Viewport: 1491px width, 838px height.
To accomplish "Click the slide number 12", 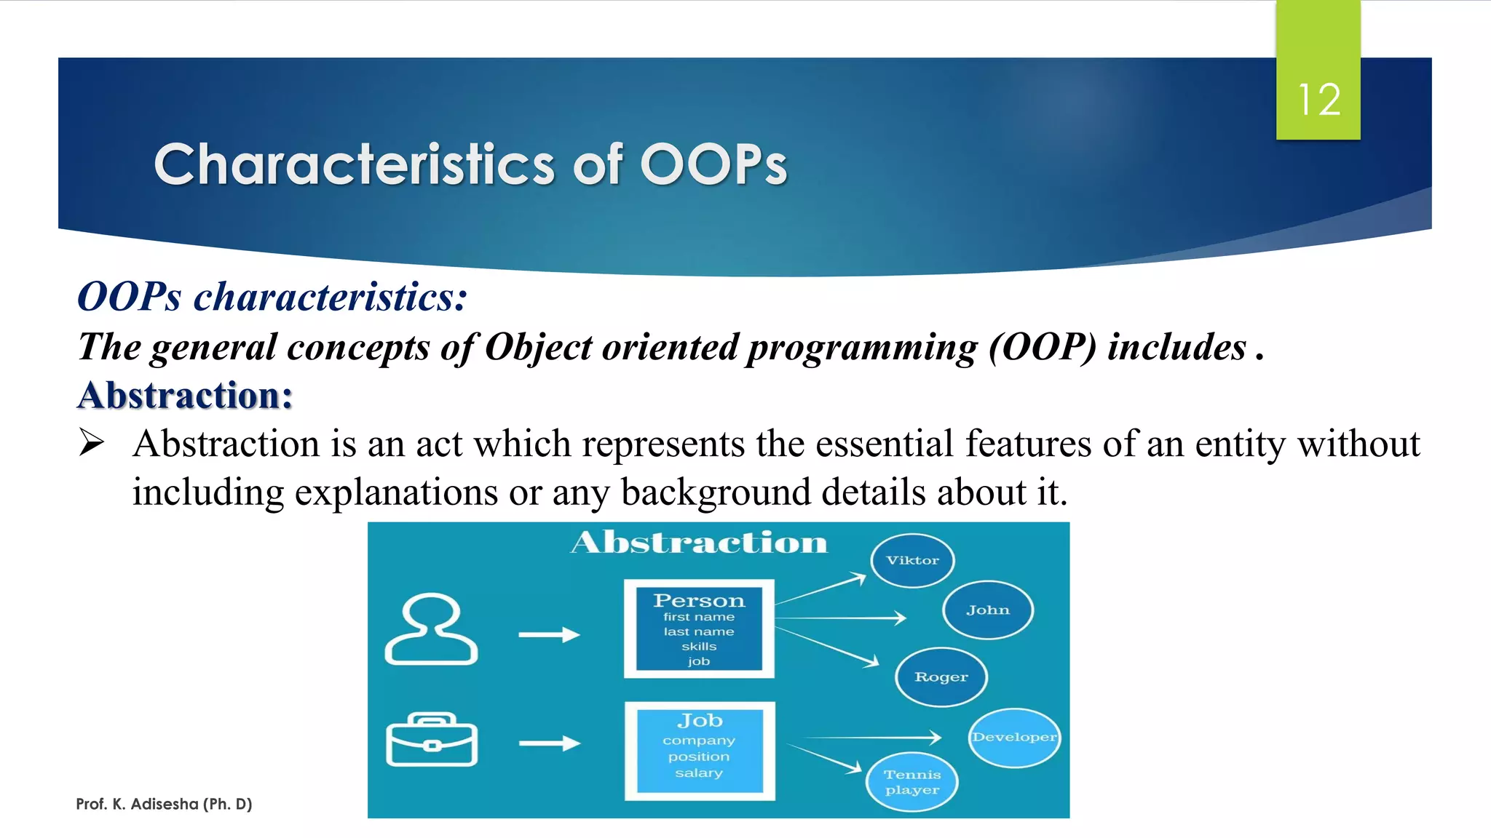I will pyautogui.click(x=1318, y=100).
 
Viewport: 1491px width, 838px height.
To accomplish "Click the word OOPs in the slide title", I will pyautogui.click(x=713, y=164).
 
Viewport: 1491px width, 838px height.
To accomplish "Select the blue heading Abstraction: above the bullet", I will pyautogui.click(x=185, y=396).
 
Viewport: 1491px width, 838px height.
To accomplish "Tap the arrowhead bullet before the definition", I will pyautogui.click(x=92, y=442).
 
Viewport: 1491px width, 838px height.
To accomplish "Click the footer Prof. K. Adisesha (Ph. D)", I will pyautogui.click(x=164, y=804).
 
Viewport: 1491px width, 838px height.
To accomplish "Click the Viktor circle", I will pyautogui.click(x=912, y=560).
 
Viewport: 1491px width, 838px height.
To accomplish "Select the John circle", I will pyautogui.click(x=988, y=610).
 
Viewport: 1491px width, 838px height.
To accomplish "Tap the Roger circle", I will pyautogui.click(x=941, y=677).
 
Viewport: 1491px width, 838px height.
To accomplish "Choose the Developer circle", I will pyautogui.click(x=1014, y=738).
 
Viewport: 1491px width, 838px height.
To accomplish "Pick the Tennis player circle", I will pyautogui.click(x=912, y=782).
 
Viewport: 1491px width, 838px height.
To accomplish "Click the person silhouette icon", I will pyautogui.click(x=431, y=629).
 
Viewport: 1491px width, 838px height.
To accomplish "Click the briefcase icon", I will pyautogui.click(x=432, y=740).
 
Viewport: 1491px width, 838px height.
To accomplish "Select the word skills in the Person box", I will pyautogui.click(x=699, y=647).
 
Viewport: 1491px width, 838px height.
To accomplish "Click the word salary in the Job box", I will pyautogui.click(x=699, y=773).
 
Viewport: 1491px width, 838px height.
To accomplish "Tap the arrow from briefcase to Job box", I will pyautogui.click(x=549, y=743).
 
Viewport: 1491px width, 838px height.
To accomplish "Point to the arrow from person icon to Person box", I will pyautogui.click(x=549, y=634).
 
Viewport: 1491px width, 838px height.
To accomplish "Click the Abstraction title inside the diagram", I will pyautogui.click(x=699, y=543).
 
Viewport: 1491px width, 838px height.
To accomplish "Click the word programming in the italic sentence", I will pyautogui.click(x=862, y=347).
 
